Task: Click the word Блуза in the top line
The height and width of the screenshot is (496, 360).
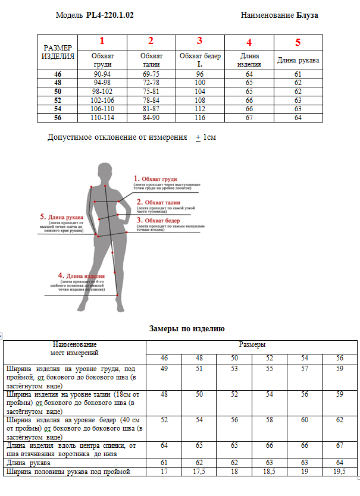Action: [307, 15]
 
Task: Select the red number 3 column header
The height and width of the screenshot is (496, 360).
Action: [200, 41]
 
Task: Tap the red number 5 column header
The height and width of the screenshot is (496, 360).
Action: [298, 43]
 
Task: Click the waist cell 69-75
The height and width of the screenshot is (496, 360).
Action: [151, 74]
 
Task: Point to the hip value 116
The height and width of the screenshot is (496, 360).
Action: [200, 118]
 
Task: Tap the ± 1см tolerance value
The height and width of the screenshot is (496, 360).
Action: [205, 137]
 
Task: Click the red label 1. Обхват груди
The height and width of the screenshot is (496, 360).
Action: [156, 178]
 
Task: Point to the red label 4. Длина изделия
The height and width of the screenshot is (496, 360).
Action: [82, 276]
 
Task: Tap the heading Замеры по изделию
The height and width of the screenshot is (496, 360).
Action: [186, 328]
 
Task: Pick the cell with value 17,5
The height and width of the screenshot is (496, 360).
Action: [199, 472]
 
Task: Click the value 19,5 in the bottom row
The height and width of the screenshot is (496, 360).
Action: [340, 472]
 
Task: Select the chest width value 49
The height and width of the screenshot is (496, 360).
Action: [164, 369]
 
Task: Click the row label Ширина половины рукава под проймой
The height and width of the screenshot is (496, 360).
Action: [74, 472]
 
